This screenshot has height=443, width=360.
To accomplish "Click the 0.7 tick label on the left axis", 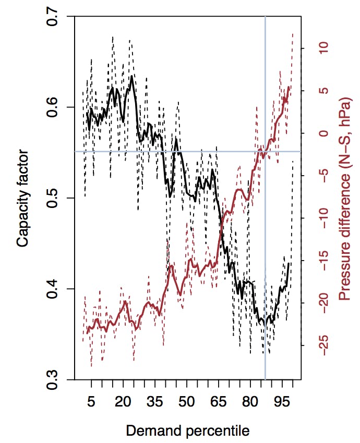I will tap(53, 17).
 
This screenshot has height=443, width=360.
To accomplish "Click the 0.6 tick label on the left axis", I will tap(53, 107).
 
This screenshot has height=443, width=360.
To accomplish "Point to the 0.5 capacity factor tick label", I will tap(53, 198).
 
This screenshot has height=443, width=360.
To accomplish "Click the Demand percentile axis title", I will tap(186, 430).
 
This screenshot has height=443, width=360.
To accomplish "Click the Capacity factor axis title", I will tap(22, 198).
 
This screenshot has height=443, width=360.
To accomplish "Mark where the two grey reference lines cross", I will tap(266, 152).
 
